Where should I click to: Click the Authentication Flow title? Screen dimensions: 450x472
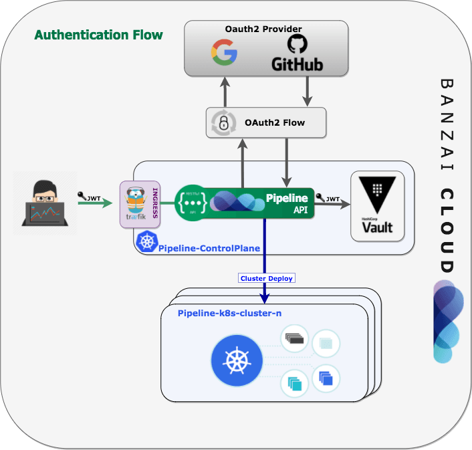[x=98, y=35]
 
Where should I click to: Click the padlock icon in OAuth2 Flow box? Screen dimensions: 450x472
[x=223, y=123]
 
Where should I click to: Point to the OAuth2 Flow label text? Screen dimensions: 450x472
[x=275, y=122]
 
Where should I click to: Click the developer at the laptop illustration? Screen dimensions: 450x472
[x=45, y=203]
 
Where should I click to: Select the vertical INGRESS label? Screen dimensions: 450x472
[x=155, y=203]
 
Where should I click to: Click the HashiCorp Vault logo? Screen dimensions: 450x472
[x=377, y=207]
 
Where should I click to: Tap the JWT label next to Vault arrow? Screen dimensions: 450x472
[x=332, y=199]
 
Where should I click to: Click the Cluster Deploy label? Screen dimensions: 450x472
[x=266, y=278]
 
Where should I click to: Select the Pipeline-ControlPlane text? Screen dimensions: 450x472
[x=209, y=248]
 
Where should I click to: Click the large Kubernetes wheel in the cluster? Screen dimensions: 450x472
[x=235, y=362]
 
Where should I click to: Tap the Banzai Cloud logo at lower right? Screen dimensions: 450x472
[x=447, y=321]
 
